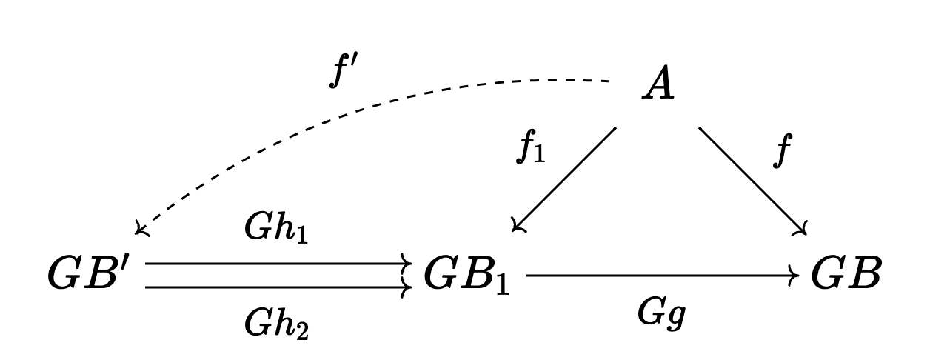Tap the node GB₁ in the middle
466,276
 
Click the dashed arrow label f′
345,73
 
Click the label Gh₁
276,231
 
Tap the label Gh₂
276,322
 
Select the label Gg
663,314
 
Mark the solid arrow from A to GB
752,180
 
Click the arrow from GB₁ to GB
659,276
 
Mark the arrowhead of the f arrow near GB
800,230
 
